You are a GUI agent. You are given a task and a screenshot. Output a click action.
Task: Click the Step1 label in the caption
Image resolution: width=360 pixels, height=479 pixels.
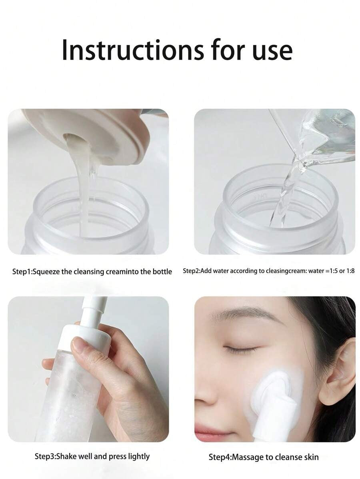(22, 271)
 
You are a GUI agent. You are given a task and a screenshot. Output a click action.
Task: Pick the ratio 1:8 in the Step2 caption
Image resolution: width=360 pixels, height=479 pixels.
(350, 271)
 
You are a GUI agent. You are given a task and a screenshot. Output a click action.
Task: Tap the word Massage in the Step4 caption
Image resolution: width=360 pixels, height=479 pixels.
(248, 457)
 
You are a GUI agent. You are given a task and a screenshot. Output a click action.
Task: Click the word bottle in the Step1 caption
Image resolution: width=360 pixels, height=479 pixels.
(162, 271)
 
